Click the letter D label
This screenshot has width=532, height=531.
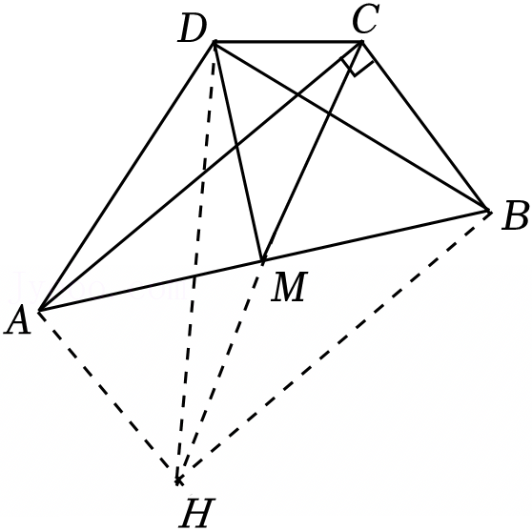[x=192, y=30]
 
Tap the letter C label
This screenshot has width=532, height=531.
[x=365, y=19]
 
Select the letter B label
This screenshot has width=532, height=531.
[x=515, y=215]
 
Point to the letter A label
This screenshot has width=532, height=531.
[x=18, y=319]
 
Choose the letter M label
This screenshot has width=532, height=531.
[x=290, y=287]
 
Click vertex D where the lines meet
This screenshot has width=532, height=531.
[x=215, y=42]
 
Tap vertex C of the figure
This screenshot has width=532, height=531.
[x=362, y=42]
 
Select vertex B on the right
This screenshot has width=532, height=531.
[x=488, y=211]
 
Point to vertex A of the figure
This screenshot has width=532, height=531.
[x=39, y=310]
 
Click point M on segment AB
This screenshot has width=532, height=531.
[x=262, y=261]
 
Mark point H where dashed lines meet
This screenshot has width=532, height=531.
[x=178, y=480]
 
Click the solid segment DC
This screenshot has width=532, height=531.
[x=288, y=42]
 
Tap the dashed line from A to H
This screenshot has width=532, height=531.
[x=109, y=396]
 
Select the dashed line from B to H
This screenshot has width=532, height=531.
[x=333, y=346]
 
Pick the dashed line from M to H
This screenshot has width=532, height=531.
[x=220, y=371]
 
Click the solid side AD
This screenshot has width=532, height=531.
[x=127, y=176]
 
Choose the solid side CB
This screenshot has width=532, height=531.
[x=425, y=127]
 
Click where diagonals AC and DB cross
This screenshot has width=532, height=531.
[x=297, y=94]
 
